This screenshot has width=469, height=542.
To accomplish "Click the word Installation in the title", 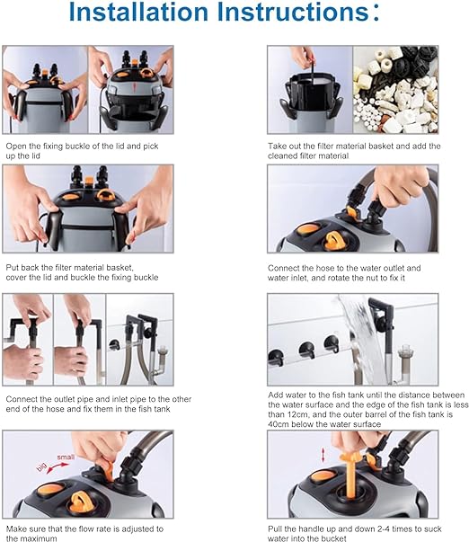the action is coord(138,12).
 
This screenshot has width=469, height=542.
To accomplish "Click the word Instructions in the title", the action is coord(293,12).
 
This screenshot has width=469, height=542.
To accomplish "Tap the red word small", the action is coord(66,457).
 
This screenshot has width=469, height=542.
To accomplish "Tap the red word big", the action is coord(41,467).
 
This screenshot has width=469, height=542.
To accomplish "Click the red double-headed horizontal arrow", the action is coord(58,467).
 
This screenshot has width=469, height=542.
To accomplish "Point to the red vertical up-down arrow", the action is coord(323,455).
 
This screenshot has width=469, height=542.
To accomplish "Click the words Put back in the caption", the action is coord(22,268).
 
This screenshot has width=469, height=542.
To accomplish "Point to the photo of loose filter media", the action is coord(395,90).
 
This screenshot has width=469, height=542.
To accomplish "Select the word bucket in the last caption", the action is coord(334,538).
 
